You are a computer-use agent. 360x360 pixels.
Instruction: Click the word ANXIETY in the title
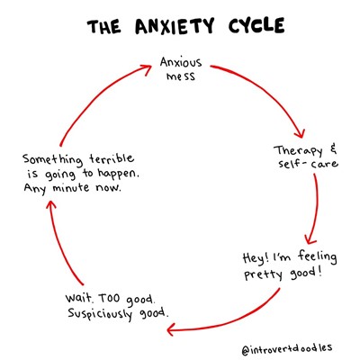pyautogui.click(x=175, y=26)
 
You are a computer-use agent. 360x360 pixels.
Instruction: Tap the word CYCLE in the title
pyautogui.click(x=256, y=25)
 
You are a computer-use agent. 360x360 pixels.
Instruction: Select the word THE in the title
pyautogui.click(x=104, y=27)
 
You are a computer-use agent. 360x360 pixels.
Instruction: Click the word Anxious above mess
pyautogui.click(x=181, y=63)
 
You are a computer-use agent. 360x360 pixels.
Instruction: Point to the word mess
pyautogui.click(x=181, y=76)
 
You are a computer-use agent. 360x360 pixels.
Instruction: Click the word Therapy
pyautogui.click(x=298, y=151)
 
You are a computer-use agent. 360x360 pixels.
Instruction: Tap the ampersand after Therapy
pyautogui.click(x=333, y=149)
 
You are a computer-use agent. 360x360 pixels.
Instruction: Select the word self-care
pyautogui.click(x=308, y=164)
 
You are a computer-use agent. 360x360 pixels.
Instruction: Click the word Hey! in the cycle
pyautogui.click(x=256, y=258)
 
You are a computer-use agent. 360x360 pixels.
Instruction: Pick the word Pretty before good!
pyautogui.click(x=263, y=274)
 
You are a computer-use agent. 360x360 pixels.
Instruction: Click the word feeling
pyautogui.click(x=317, y=258)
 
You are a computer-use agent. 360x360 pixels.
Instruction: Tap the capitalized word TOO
pyautogui.click(x=109, y=298)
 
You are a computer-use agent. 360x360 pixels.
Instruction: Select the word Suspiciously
pyautogui.click(x=100, y=314)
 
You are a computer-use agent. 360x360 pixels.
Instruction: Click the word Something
pyautogui.click(x=52, y=159)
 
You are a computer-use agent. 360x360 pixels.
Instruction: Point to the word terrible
pyautogui.click(x=112, y=158)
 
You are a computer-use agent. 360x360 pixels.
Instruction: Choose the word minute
pyautogui.click(x=71, y=188)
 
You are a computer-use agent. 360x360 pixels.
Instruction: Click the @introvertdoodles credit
pyautogui.click(x=287, y=349)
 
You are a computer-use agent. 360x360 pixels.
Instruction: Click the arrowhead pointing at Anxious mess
pyautogui.click(x=147, y=69)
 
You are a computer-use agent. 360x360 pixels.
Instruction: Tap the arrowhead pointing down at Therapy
pyautogui.click(x=300, y=132)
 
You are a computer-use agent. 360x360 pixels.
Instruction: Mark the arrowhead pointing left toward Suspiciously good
pyautogui.click(x=172, y=329)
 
